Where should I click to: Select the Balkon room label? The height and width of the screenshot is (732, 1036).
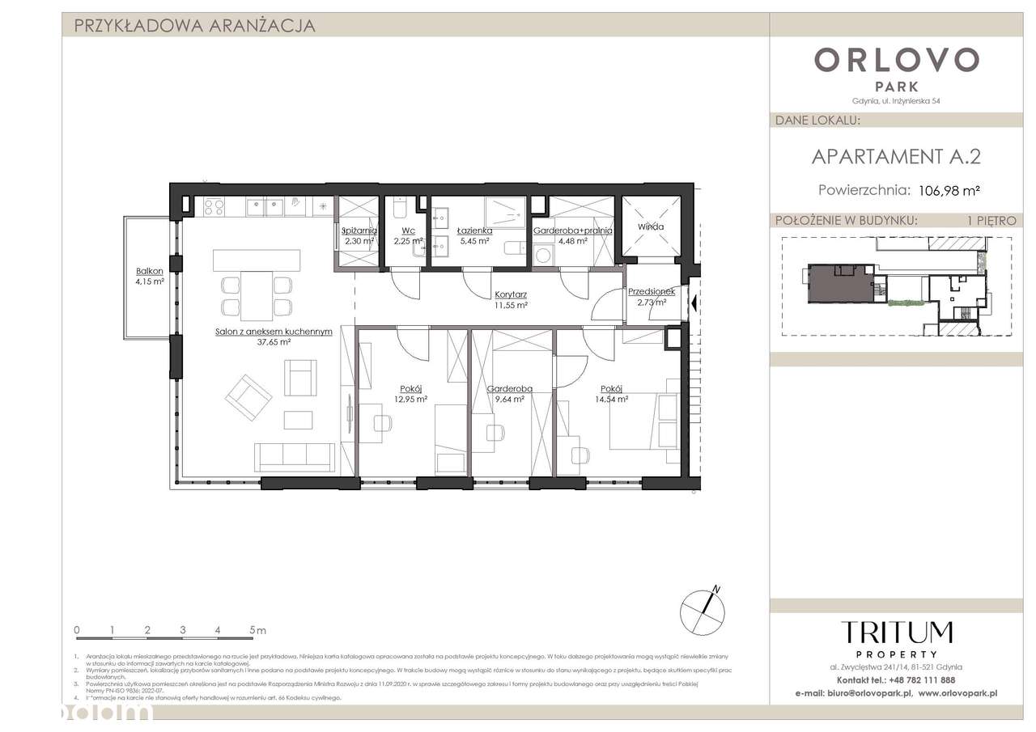pos(150,271)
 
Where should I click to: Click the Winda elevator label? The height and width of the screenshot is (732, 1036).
pos(650,226)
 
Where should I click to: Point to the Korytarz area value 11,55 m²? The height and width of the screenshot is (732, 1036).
pos(511,306)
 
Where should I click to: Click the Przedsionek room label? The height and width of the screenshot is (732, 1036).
pos(652,292)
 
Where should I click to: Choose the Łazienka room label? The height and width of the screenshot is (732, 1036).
pos(473,231)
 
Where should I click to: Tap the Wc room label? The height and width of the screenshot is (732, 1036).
pos(408,231)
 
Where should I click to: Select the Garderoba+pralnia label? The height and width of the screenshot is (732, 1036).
pos(572,231)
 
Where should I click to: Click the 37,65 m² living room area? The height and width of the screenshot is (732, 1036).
pos(274,341)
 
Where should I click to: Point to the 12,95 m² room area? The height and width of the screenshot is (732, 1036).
pos(410,398)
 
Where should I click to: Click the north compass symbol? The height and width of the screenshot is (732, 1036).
pos(701,607)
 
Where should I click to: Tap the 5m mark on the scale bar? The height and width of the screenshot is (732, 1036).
pos(257,629)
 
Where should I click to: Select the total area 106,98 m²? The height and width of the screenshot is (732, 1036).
pos(949,191)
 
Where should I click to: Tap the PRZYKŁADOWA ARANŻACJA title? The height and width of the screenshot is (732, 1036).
pos(194,26)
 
